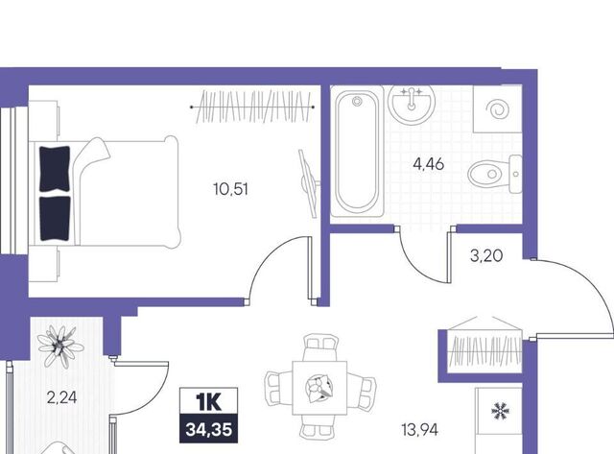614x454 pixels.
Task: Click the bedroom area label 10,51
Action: (231, 190)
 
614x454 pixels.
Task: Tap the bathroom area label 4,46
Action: (429, 164)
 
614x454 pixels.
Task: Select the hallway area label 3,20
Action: (486, 256)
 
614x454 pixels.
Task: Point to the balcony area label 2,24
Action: (61, 398)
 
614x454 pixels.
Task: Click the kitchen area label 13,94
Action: (420, 430)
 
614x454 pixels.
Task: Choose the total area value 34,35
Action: (209, 430)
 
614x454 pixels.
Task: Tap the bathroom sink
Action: (412, 104)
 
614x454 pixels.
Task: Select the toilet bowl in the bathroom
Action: (495, 174)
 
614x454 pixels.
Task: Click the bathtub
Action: (357, 152)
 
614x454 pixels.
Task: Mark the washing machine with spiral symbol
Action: (498, 109)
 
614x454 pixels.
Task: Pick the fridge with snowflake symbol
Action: (499, 420)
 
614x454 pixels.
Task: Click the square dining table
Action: (319, 388)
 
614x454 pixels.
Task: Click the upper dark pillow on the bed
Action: (56, 169)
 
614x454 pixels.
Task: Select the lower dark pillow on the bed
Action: (56, 218)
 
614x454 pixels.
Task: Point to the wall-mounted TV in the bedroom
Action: (309, 183)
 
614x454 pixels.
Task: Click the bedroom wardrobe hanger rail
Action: (252, 107)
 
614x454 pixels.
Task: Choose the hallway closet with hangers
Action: (485, 350)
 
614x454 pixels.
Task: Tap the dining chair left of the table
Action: (278, 388)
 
